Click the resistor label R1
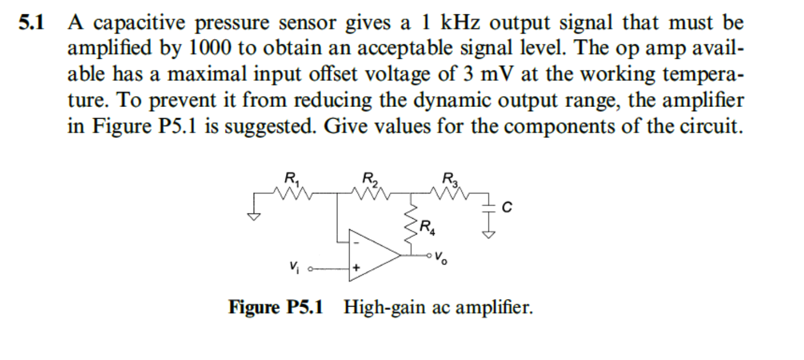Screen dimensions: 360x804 pyautogui.click(x=291, y=179)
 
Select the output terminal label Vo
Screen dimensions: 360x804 pyautogui.click(x=440, y=258)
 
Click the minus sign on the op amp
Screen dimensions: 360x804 pyautogui.click(x=356, y=244)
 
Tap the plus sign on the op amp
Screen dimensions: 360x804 pyautogui.click(x=356, y=268)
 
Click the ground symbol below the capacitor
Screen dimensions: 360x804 pyautogui.click(x=485, y=235)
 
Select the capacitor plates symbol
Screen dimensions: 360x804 pyautogui.click(x=485, y=208)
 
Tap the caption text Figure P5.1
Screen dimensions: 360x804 pyautogui.click(x=275, y=308)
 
